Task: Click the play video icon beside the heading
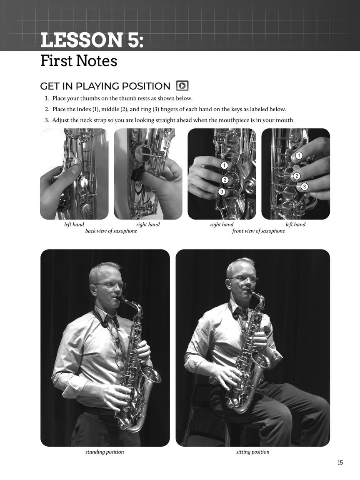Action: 182,86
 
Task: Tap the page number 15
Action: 340,462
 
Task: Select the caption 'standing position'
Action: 105,452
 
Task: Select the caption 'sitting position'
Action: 252,452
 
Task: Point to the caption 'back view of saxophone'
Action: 111,231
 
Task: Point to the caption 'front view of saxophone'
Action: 258,231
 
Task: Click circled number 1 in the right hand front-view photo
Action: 225,165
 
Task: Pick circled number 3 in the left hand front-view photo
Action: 305,187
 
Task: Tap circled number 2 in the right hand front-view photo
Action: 225,180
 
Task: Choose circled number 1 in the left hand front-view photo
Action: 299,156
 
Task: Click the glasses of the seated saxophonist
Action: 243,279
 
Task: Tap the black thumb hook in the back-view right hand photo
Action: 136,175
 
